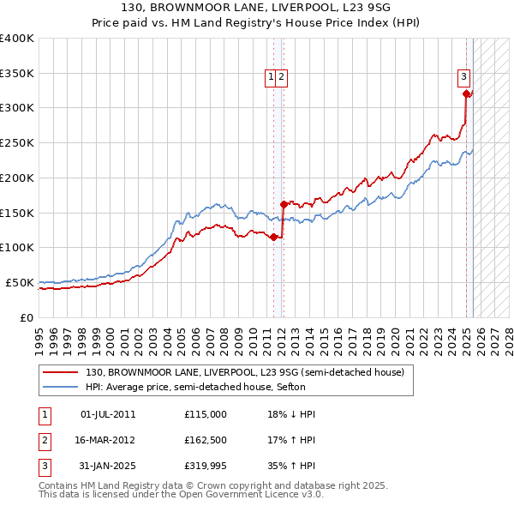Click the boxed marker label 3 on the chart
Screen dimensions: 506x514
pyautogui.click(x=463, y=75)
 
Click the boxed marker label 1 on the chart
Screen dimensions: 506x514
pyautogui.click(x=272, y=76)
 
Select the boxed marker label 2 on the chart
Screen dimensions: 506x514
pyautogui.click(x=282, y=76)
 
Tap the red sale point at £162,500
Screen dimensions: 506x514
pyautogui.click(x=284, y=204)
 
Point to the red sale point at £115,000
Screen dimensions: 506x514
pyautogui.click(x=273, y=237)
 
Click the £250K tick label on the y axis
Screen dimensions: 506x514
pyautogui.click(x=17, y=142)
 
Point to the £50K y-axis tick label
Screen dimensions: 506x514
pyautogui.click(x=20, y=282)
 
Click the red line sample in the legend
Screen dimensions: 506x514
pyautogui.click(x=61, y=372)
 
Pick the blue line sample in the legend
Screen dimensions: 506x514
pyautogui.click(x=61, y=387)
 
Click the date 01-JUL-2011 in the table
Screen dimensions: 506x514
pyautogui.click(x=108, y=414)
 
